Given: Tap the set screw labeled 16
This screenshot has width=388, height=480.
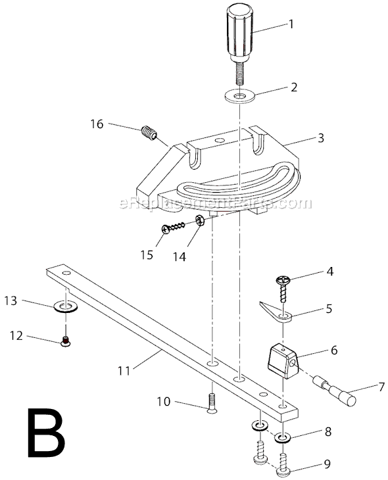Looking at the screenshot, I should click(150, 133).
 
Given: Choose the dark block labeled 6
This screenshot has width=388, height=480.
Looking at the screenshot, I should click(283, 360).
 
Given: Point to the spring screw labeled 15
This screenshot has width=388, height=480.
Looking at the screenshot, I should click(176, 228).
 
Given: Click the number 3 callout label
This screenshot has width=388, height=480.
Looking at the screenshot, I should click(320, 138).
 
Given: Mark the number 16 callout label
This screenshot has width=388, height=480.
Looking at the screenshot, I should click(97, 123).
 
